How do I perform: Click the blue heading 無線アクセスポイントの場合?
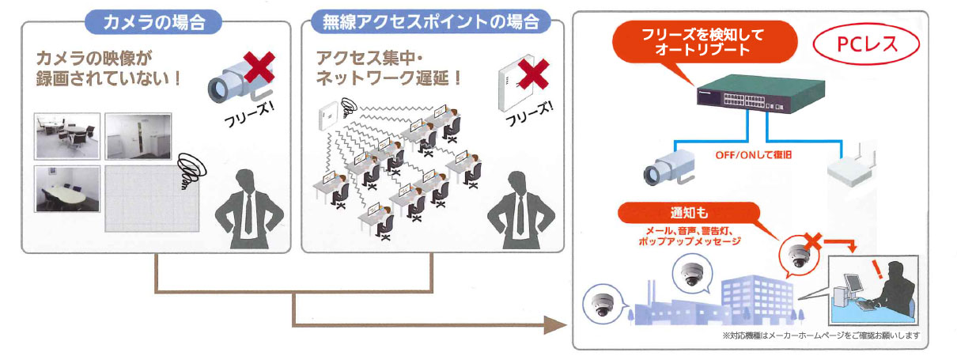431,21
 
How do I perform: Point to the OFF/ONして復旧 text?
753,156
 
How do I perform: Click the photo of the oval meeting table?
67,188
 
